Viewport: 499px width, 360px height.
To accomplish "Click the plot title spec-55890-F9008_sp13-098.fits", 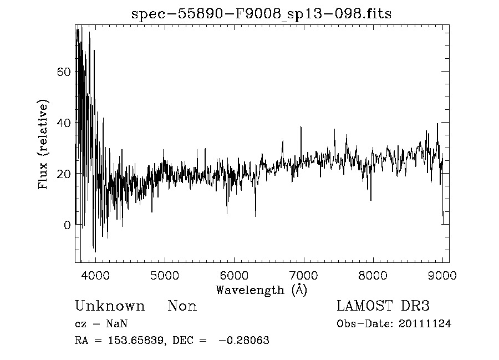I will (x=261, y=14).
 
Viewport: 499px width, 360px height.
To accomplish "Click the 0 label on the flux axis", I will (x=67, y=225).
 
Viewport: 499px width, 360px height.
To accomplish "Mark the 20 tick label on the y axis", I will (x=64, y=174).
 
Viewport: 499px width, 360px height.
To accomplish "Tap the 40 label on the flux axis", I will (x=64, y=123).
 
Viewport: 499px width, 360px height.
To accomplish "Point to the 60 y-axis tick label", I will (x=64, y=72).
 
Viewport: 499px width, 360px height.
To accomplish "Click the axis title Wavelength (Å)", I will (x=261, y=290).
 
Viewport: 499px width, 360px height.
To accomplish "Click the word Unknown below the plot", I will (x=110, y=306).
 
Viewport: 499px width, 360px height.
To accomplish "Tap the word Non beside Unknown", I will (x=182, y=306).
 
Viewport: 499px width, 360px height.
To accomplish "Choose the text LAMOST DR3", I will (x=383, y=306).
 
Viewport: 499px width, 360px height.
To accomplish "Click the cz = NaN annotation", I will (x=102, y=324).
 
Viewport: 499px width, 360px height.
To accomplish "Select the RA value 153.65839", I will (x=135, y=341).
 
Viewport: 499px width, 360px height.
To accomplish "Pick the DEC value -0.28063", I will (x=244, y=341).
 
